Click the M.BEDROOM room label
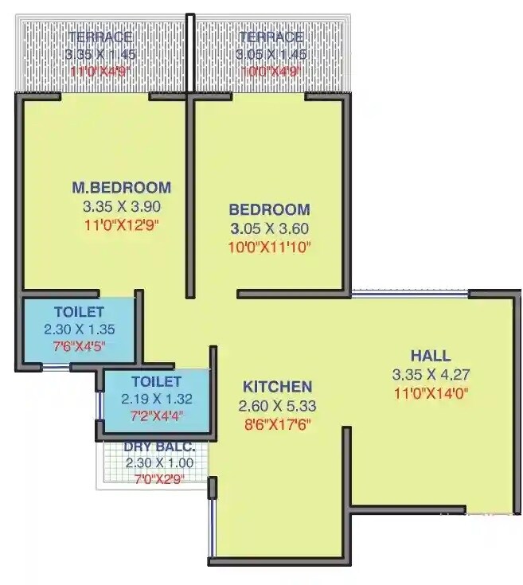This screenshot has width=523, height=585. (121, 188)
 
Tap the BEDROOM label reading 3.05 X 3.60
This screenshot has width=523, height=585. (269, 210)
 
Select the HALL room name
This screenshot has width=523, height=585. (431, 356)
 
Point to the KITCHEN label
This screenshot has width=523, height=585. (277, 387)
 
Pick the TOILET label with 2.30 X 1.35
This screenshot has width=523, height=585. (80, 311)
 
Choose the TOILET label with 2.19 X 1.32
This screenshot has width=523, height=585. (157, 382)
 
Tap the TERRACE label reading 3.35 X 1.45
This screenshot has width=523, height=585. (100, 37)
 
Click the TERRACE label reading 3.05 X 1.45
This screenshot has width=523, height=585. (269, 37)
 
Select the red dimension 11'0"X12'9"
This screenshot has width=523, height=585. (121, 224)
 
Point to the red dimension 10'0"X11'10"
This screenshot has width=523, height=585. (269, 247)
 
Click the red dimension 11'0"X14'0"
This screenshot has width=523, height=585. (431, 392)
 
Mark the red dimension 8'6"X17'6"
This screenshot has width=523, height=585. (277, 423)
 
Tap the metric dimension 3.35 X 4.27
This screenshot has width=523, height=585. (431, 374)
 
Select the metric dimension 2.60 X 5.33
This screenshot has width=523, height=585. (277, 406)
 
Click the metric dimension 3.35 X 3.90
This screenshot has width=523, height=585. (121, 206)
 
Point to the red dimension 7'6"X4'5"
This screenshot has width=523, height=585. (80, 345)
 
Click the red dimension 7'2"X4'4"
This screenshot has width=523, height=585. (157, 415)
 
